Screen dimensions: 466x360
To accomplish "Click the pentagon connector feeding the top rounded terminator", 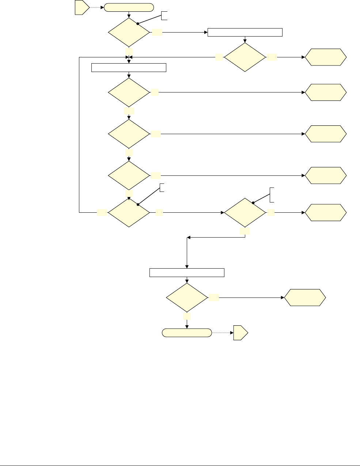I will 82,8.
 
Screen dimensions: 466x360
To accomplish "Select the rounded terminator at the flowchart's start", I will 129,8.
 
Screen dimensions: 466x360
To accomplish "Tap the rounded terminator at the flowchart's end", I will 187,333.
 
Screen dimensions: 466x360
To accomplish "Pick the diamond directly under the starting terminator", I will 129,33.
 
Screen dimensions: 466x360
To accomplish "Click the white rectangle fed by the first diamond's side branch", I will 245,32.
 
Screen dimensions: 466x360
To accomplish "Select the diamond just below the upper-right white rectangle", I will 245,57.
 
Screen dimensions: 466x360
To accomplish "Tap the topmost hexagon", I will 326,57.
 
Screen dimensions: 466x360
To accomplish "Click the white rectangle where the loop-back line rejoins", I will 129,68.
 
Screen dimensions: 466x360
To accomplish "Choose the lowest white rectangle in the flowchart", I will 187,273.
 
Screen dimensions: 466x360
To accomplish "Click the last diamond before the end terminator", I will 187,298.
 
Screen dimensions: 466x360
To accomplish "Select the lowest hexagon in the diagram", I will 305,298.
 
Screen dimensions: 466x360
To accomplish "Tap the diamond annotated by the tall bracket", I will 245,213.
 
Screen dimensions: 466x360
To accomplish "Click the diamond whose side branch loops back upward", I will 129,212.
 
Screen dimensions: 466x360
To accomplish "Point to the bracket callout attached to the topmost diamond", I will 164,15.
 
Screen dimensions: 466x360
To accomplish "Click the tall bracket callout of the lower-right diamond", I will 272,194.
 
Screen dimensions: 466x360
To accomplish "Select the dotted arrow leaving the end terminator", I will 222,333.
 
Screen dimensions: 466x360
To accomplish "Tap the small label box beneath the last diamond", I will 187,316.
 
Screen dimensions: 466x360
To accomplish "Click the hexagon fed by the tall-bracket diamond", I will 326,213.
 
